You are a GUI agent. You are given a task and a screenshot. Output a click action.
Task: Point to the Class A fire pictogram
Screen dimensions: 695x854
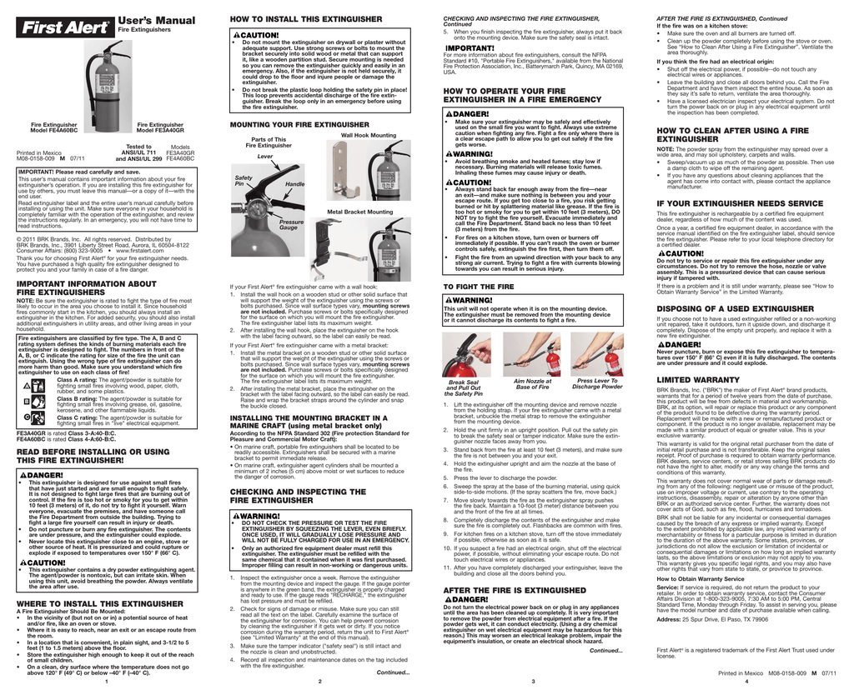[28, 386]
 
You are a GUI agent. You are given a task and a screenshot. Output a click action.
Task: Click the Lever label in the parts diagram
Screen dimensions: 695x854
[265, 156]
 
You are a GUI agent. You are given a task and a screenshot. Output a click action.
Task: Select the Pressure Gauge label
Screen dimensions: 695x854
[291, 225]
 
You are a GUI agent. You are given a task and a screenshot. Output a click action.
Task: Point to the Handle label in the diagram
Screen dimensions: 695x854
[295, 183]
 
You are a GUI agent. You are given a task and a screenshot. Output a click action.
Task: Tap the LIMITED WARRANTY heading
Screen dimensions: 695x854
[698, 379]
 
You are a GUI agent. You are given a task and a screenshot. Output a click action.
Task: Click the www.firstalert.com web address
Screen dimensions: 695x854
[121, 250]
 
